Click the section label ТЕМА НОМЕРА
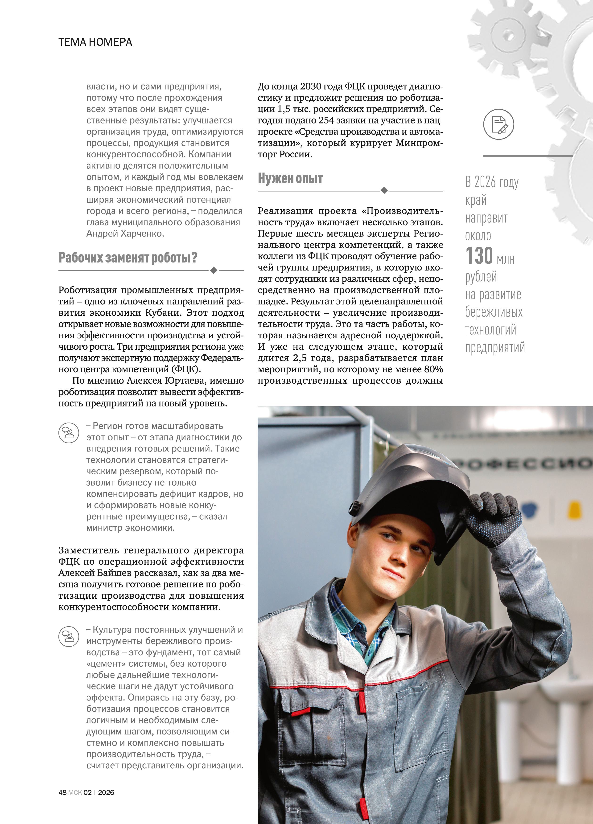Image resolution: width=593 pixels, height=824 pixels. pos(95,42)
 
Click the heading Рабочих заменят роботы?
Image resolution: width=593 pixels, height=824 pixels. pos(128,258)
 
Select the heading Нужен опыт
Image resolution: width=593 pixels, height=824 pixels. pos(290,178)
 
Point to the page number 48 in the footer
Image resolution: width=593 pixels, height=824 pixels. pos(62,792)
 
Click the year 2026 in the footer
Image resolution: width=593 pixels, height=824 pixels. pos(106,792)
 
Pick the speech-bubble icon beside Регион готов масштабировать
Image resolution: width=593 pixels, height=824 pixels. pos(69,432)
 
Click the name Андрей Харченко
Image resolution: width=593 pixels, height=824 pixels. pos(125,234)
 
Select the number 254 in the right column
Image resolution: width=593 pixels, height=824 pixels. pos(328,120)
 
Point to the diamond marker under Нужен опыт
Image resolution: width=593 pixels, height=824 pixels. pos(384,190)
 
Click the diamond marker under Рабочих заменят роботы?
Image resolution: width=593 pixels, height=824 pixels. pos(214,270)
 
